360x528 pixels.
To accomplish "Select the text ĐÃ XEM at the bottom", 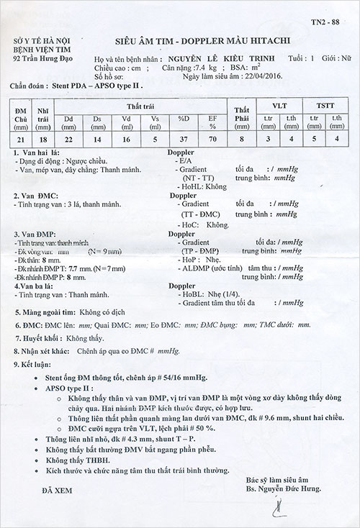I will coord(42,491).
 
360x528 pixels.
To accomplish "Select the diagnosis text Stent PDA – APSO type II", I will coord(94,84).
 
